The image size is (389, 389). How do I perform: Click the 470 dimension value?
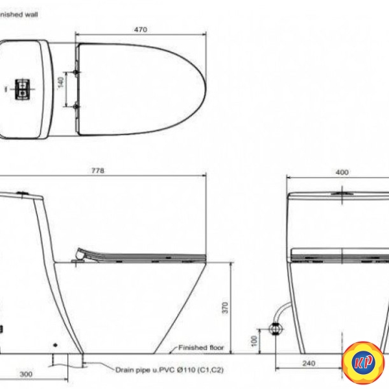(141, 30)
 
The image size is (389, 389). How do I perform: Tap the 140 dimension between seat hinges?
(61, 82)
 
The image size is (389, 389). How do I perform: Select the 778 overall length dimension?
(98, 171)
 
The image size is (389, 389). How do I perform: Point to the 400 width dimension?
(342, 172)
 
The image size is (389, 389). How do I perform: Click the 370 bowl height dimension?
(225, 307)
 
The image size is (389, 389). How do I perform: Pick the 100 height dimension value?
(254, 341)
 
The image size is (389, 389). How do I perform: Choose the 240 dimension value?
(309, 364)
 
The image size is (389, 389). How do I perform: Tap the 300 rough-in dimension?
(26, 374)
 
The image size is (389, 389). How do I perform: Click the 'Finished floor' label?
(201, 348)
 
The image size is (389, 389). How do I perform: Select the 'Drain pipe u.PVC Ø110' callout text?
(169, 370)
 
